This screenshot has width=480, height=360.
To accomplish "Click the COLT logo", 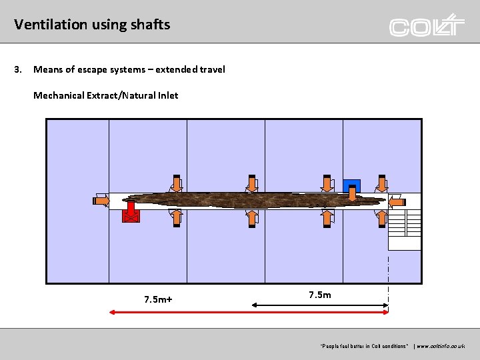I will click(427, 26).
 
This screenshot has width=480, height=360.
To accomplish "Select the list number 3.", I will click(19, 69).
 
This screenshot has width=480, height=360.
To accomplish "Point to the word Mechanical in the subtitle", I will click(59, 95).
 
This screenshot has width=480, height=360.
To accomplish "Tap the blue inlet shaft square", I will click(351, 185).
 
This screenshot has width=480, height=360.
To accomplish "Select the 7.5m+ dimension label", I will click(158, 299).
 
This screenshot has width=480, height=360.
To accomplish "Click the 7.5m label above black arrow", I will click(320, 295).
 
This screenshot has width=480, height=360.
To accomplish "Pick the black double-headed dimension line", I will click(320, 305).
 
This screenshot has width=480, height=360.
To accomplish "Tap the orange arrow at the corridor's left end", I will click(101, 200).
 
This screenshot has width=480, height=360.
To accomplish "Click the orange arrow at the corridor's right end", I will click(396, 201).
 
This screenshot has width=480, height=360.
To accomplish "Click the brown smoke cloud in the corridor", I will click(253, 199).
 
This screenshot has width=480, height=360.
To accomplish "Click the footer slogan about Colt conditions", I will click(363, 347).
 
